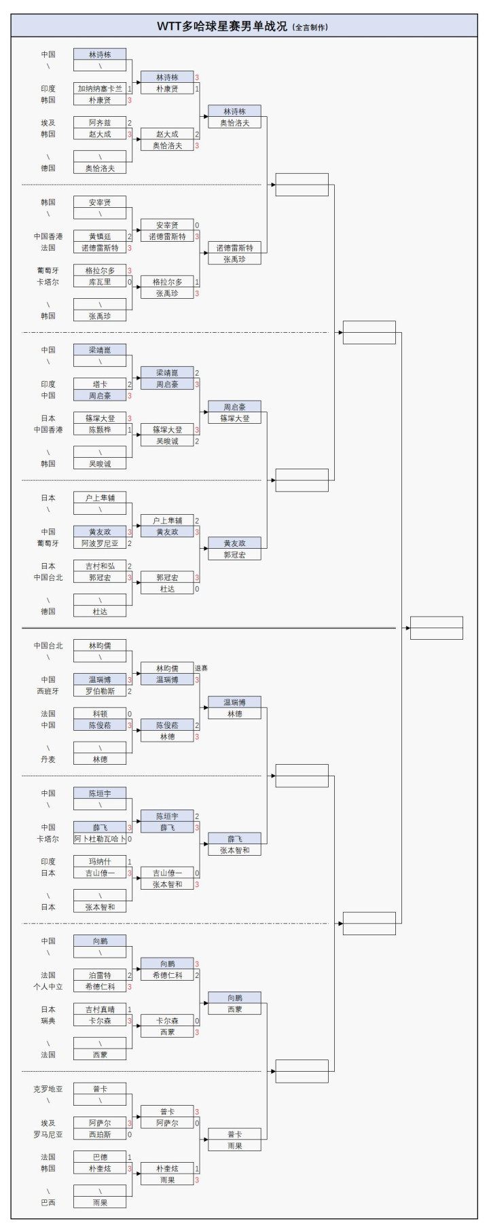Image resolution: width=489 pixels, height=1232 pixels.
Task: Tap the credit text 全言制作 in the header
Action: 310,28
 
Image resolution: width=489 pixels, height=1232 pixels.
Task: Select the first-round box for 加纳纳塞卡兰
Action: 100,88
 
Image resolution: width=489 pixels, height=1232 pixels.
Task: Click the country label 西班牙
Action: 48,691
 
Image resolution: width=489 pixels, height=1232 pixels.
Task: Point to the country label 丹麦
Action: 48,759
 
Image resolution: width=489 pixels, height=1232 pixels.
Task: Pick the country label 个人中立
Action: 48,986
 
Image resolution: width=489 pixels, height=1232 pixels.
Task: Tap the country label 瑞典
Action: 48,1021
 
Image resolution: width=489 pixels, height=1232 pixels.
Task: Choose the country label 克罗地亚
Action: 48,1089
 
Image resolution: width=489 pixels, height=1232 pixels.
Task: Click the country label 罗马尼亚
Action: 48,1134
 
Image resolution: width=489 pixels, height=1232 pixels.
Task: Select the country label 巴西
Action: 48,1203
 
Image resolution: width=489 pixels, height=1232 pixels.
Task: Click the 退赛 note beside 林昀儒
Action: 201,668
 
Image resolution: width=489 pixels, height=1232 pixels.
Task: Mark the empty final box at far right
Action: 436,628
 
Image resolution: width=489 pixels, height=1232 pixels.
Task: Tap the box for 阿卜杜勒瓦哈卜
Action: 100,839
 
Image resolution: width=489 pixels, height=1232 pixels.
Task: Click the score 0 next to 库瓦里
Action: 130,282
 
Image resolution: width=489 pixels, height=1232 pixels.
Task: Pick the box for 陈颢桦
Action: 100,430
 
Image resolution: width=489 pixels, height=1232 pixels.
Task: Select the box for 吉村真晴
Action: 100,1009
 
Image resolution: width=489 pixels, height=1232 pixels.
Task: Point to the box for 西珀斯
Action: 100,1134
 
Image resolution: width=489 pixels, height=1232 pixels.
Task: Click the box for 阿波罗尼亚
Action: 100,543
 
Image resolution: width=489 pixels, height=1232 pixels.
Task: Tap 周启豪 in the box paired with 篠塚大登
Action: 234,407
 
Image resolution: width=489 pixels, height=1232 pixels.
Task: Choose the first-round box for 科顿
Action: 100,714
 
